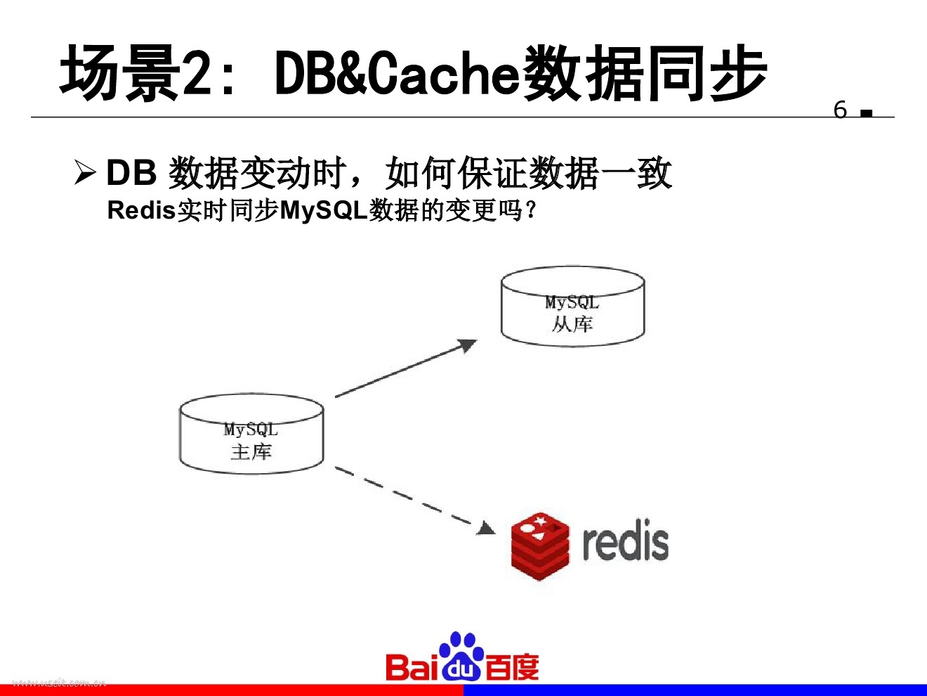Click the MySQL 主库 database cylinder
coord(251,434)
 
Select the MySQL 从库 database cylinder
coord(572,307)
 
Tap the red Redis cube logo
coord(539,546)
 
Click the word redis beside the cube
coord(625,542)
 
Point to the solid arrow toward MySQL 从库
coord(405,369)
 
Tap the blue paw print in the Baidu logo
coord(461,657)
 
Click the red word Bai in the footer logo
coord(412,666)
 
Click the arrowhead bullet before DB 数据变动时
coord(84,172)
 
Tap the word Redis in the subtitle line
coord(141,210)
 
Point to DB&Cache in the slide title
coord(396,73)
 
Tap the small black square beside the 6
coord(867,112)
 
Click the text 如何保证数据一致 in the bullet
coord(528,173)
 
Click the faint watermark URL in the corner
coord(60,682)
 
